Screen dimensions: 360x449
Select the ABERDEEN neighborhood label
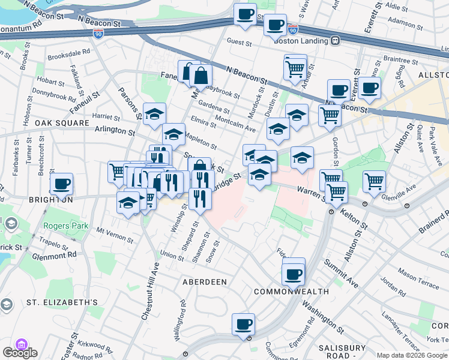[205, 281]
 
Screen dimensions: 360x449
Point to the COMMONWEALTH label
[291, 292]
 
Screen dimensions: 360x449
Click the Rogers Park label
[65, 226]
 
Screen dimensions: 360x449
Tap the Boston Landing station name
[299, 41]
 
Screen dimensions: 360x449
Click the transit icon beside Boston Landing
[335, 41]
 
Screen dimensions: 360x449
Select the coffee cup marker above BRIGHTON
[62, 184]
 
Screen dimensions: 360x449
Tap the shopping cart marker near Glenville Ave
[374, 179]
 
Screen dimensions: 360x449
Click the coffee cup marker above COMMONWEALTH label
[294, 274]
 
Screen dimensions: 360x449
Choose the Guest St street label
[240, 42]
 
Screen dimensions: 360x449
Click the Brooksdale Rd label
[70, 52]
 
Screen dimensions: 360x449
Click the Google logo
[19, 353]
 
